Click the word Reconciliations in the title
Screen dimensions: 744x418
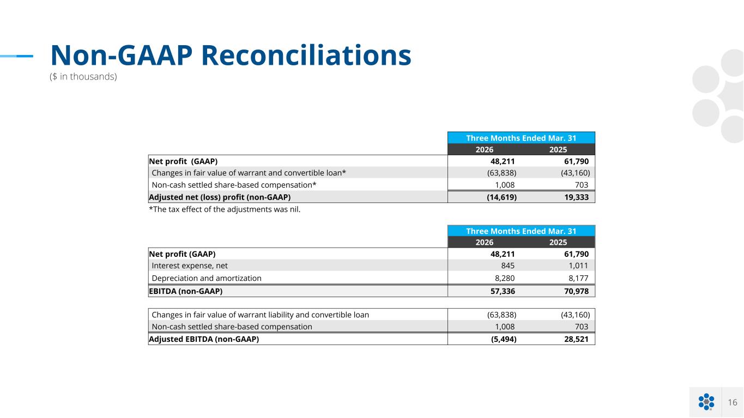click(306, 56)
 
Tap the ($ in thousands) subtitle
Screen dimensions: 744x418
click(83, 77)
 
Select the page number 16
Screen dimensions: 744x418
click(733, 402)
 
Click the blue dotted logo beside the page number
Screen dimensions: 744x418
click(706, 402)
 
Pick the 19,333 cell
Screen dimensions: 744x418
click(576, 197)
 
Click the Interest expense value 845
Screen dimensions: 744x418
click(508, 266)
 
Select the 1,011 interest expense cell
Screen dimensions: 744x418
click(578, 266)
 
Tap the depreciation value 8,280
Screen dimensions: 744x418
click(505, 278)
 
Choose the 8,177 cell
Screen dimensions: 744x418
click(578, 278)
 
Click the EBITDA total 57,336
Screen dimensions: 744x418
click(503, 291)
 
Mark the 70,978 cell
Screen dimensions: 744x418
click(576, 291)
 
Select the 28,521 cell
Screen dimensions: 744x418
click(576, 339)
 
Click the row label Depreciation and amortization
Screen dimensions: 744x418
click(207, 278)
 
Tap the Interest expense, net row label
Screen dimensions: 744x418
click(190, 266)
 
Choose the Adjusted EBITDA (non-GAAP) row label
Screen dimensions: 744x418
click(204, 339)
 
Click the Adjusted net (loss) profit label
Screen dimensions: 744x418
click(220, 197)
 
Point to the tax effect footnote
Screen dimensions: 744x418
click(225, 210)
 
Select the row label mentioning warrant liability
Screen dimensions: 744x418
click(261, 315)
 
